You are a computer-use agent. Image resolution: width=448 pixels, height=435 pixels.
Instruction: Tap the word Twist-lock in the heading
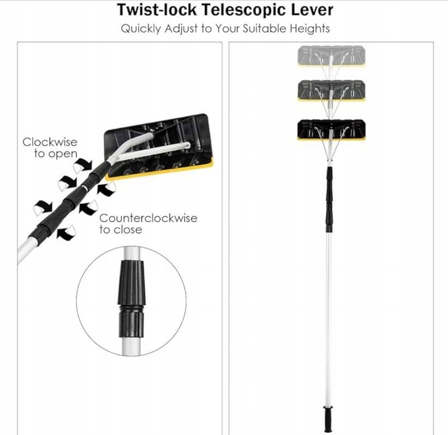point(151,10)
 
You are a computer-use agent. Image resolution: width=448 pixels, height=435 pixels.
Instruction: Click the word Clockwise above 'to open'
point(50,142)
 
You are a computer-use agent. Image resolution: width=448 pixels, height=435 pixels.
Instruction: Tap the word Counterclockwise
point(148,218)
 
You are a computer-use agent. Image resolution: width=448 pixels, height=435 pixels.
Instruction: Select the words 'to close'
point(120,230)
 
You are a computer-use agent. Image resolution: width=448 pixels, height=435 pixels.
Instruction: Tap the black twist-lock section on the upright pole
point(329,199)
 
